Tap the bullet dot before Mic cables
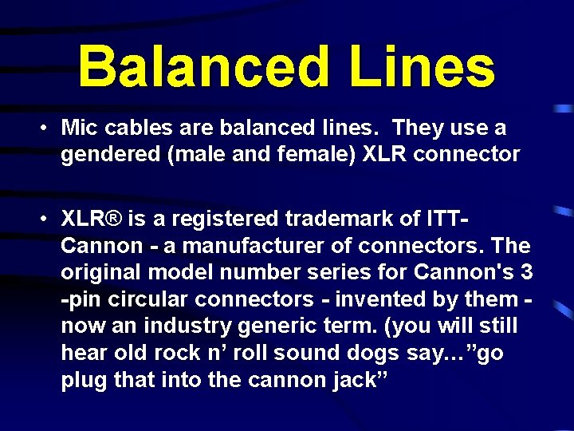pyautogui.click(x=48, y=128)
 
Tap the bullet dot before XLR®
pyautogui.click(x=48, y=218)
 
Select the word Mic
pyautogui.click(x=77, y=128)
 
